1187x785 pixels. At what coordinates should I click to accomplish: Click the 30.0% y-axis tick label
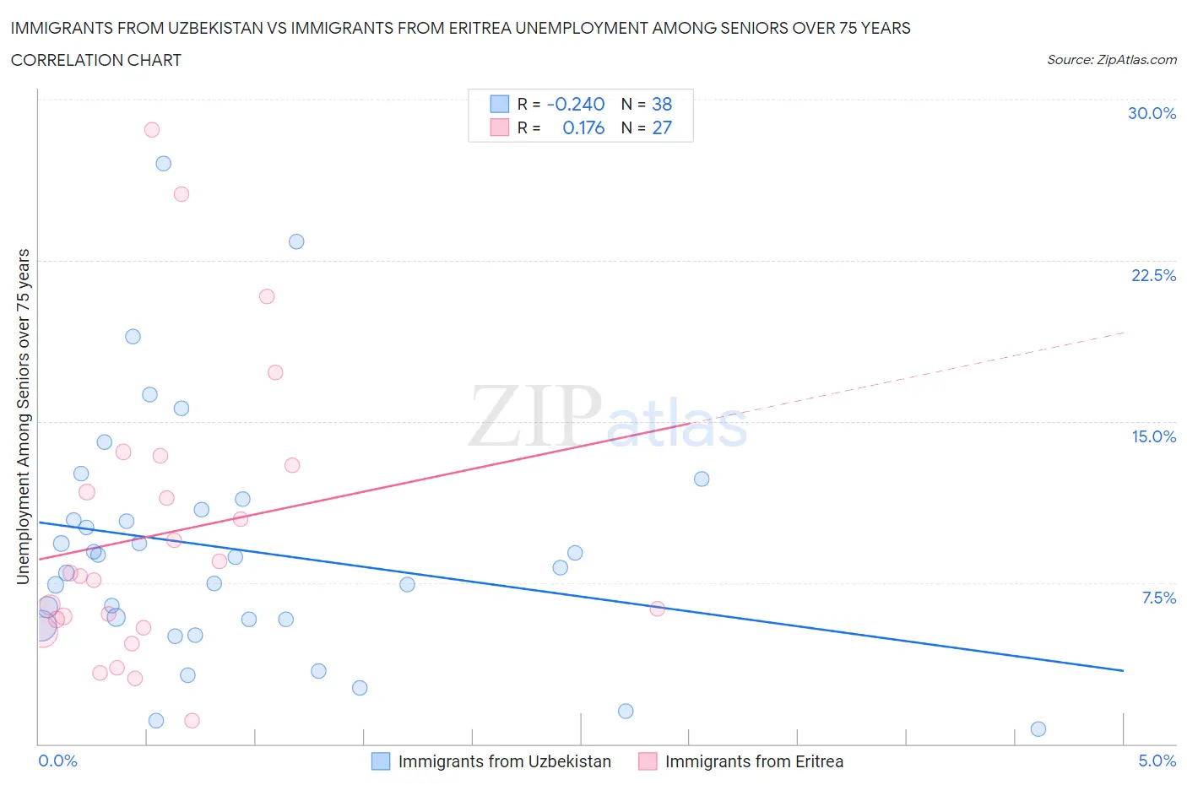[x=1152, y=113]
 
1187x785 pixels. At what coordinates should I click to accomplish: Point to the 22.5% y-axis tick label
[x=1153, y=275]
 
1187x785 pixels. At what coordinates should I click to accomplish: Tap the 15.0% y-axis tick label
[x=1153, y=436]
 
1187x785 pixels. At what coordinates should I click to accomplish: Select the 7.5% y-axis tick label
[x=1158, y=598]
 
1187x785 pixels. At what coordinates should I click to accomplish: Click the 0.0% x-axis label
[x=57, y=761]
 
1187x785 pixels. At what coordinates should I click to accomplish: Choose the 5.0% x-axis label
[x=1157, y=761]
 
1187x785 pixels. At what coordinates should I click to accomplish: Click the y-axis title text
[x=23, y=416]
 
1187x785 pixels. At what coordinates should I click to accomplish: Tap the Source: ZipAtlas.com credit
[x=1111, y=59]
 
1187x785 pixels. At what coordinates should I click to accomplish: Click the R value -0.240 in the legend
[x=576, y=104]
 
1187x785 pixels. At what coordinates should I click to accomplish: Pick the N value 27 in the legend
[x=662, y=127]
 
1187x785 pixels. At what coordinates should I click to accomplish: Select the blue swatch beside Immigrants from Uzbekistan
[x=381, y=761]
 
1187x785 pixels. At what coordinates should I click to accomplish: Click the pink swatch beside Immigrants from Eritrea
[x=648, y=761]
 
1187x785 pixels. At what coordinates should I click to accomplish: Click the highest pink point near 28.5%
[x=152, y=129]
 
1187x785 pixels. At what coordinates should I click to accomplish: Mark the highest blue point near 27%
[x=164, y=163]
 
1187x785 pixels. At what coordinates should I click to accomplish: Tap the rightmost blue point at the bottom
[x=1038, y=728]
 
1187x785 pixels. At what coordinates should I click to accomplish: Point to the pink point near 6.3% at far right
[x=657, y=609]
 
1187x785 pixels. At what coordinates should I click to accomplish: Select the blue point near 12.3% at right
[x=702, y=479]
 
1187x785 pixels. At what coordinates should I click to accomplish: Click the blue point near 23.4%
[x=296, y=241]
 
